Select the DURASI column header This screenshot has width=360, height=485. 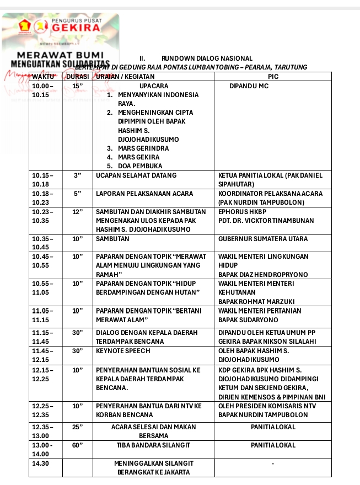(x=78, y=77)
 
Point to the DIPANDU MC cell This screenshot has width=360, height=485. (x=249, y=86)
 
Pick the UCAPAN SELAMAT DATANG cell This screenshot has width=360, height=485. (x=136, y=175)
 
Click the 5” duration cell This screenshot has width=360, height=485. (x=77, y=194)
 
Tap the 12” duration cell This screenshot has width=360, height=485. (x=77, y=212)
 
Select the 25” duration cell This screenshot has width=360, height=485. (x=77, y=427)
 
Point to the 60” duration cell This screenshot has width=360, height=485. (x=77, y=445)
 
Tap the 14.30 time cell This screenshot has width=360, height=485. (x=41, y=463)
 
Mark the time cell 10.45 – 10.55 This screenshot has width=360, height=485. (x=43, y=261)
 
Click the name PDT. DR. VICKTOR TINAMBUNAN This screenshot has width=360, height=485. (x=266, y=221)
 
